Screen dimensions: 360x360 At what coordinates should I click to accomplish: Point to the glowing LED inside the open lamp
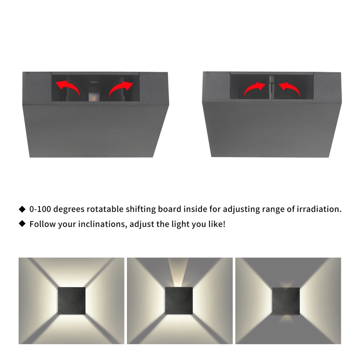tap(93, 97)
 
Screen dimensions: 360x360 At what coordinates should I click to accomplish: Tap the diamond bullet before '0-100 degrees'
tap(22, 209)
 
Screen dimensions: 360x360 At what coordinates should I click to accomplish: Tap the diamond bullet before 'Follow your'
tap(22, 224)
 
